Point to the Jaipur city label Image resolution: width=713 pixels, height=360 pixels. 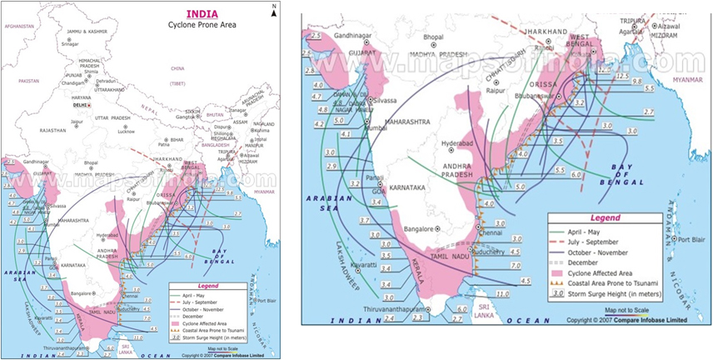(77, 122)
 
